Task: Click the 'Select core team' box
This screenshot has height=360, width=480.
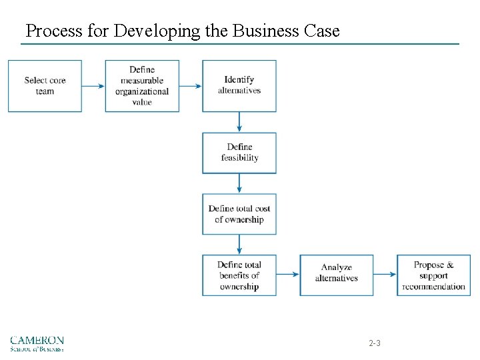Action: tap(45, 86)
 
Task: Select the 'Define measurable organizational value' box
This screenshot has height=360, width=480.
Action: tap(142, 86)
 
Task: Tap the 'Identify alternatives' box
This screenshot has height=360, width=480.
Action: tap(239, 86)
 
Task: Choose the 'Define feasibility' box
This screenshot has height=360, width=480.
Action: tap(239, 153)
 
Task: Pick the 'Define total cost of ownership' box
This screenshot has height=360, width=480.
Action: tap(239, 214)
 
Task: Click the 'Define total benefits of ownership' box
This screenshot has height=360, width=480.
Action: tap(239, 275)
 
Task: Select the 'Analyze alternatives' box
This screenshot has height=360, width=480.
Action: tap(337, 275)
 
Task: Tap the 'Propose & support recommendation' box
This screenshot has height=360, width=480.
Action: tap(433, 275)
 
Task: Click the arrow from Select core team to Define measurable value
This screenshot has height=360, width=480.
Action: tap(93, 86)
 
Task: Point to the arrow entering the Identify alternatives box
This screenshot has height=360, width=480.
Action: tap(191, 86)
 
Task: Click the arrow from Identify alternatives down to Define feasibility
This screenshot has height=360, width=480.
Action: tap(239, 122)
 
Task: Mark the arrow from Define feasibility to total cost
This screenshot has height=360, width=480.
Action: tap(239, 183)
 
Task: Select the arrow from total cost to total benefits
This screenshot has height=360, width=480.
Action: tap(239, 244)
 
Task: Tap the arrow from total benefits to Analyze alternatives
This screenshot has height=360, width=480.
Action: tap(288, 275)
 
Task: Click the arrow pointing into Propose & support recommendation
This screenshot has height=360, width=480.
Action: tap(385, 275)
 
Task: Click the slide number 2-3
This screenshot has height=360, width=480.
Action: tap(375, 343)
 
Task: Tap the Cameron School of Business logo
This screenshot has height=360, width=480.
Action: tap(37, 343)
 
